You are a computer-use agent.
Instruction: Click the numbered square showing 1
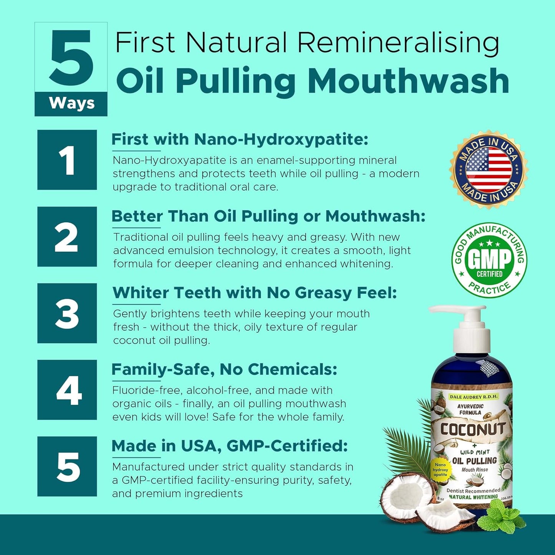coord(67,160)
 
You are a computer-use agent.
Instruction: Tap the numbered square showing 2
coord(67,237)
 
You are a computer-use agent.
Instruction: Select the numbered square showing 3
coord(67,313)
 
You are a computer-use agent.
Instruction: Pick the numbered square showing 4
coord(67,390)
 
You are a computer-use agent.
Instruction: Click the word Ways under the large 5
coord(71,103)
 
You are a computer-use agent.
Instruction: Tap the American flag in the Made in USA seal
coord(489,169)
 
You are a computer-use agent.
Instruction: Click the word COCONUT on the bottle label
coord(472,429)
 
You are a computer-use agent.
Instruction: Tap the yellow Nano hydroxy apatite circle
coord(440,470)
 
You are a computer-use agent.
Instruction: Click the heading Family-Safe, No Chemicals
coord(224,369)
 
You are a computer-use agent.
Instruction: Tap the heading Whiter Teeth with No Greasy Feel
coord(254,293)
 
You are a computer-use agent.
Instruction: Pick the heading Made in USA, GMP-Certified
coord(229,446)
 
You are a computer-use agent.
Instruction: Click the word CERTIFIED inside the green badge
coord(489,274)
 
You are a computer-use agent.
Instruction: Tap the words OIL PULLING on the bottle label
coord(474,460)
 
